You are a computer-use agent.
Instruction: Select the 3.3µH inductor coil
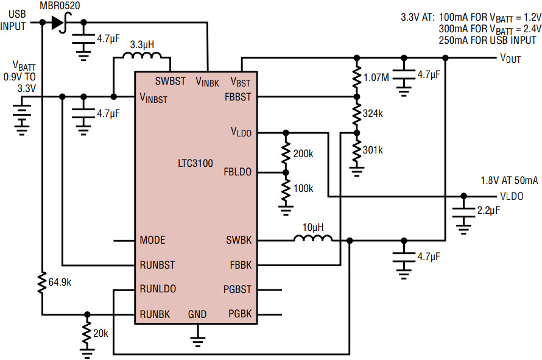pyautogui.click(x=142, y=55)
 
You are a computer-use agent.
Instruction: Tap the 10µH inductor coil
pyautogui.click(x=313, y=238)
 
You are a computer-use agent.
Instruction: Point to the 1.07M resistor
pyautogui.click(x=357, y=77)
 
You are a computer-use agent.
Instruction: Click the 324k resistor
pyautogui.click(x=357, y=114)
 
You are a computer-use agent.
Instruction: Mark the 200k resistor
pyautogui.click(x=286, y=153)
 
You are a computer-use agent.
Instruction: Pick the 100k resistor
pyautogui.click(x=286, y=189)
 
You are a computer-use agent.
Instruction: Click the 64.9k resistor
pyautogui.click(x=42, y=283)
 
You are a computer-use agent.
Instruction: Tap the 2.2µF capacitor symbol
pyautogui.click(x=463, y=213)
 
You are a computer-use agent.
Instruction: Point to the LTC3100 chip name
pyautogui.click(x=195, y=163)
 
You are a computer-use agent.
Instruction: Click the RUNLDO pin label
pyautogui.click(x=158, y=289)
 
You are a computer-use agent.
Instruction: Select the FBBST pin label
pyautogui.click(x=238, y=97)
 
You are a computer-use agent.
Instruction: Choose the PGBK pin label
pyautogui.click(x=240, y=314)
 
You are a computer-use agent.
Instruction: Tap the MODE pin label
pyautogui.click(x=152, y=240)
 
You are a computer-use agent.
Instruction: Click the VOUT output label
pyautogui.click(x=510, y=58)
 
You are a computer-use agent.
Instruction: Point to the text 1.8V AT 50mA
pyautogui.click(x=509, y=180)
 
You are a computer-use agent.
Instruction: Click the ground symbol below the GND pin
pyautogui.click(x=197, y=342)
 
